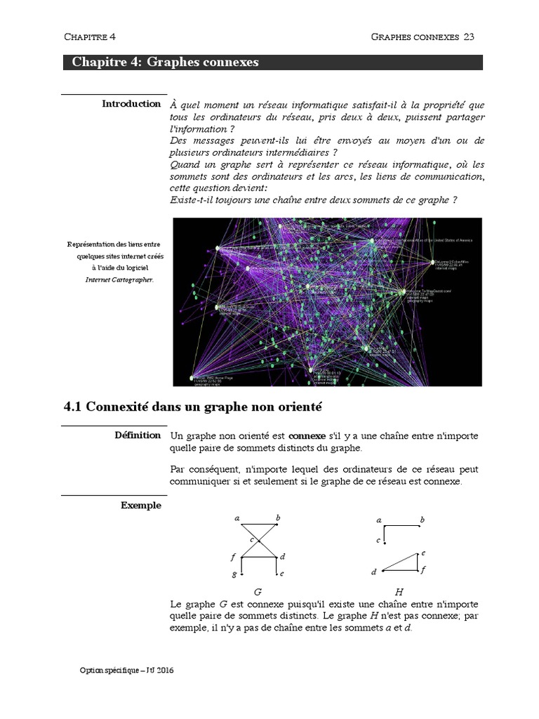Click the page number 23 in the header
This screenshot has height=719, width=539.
pyautogui.click(x=470, y=37)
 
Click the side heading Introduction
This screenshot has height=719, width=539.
pyautogui.click(x=131, y=104)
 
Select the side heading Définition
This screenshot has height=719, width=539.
pyautogui.click(x=138, y=435)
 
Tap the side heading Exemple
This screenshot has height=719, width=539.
pyautogui.click(x=140, y=505)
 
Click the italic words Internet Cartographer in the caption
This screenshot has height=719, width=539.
pyautogui.click(x=118, y=279)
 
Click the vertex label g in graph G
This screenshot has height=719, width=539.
pyautogui.click(x=234, y=574)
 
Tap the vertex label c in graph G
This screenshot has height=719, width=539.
pyautogui.click(x=252, y=538)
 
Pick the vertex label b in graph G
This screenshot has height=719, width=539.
pyautogui.click(x=278, y=518)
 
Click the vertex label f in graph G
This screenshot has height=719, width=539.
pyautogui.click(x=233, y=557)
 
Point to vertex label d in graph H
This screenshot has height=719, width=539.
pyautogui.click(x=374, y=572)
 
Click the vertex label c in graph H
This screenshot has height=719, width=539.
pyautogui.click(x=378, y=541)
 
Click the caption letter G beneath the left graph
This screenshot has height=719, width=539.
pyautogui.click(x=258, y=592)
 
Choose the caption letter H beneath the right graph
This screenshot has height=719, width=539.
pyautogui.click(x=399, y=592)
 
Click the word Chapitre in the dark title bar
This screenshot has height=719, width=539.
pyautogui.click(x=96, y=62)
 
